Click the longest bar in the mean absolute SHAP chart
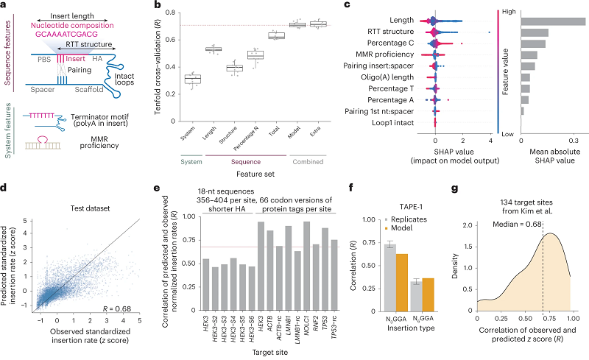[x=552, y=21]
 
